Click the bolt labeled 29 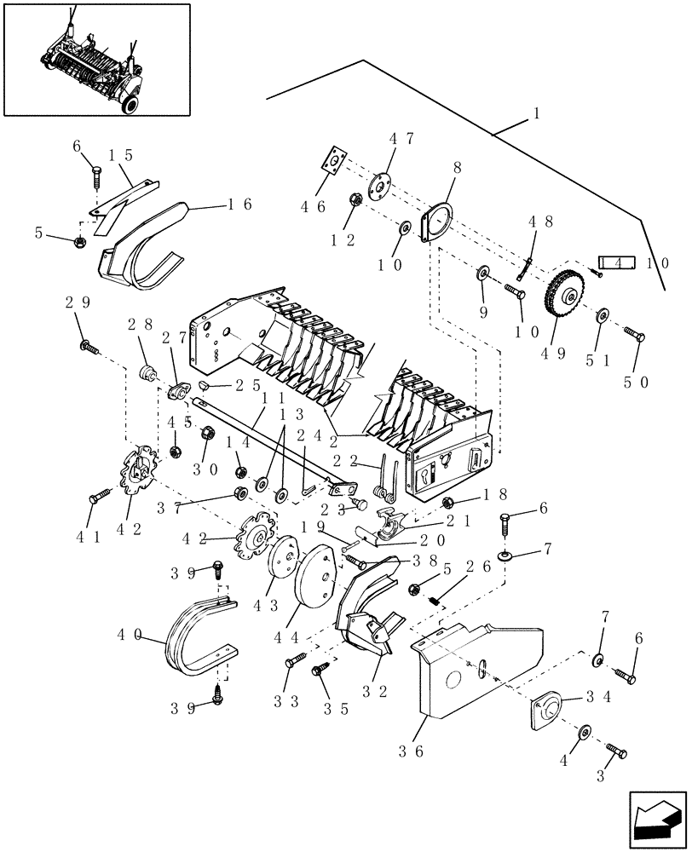tap(89, 345)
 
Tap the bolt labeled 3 tap(616, 752)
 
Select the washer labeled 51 tap(602, 315)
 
